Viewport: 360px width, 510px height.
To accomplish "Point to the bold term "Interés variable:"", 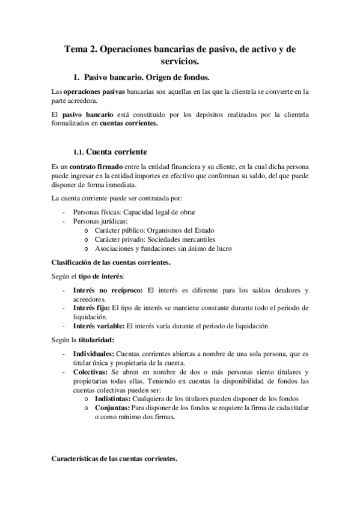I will (98, 327).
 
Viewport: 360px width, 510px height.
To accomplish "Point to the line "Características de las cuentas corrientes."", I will (114, 458).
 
